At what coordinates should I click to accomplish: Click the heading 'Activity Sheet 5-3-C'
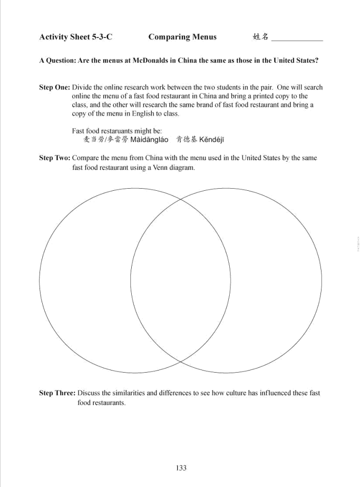click(75, 37)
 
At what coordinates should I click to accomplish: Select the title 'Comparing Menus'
click(182, 37)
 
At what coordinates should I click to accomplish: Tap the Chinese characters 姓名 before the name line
click(260, 37)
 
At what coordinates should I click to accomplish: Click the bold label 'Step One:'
click(54, 87)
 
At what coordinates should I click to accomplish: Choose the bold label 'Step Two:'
click(54, 158)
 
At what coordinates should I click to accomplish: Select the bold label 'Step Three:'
click(57, 393)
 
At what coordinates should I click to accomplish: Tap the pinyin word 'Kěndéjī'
click(211, 140)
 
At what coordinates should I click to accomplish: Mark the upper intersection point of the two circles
click(180, 199)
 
